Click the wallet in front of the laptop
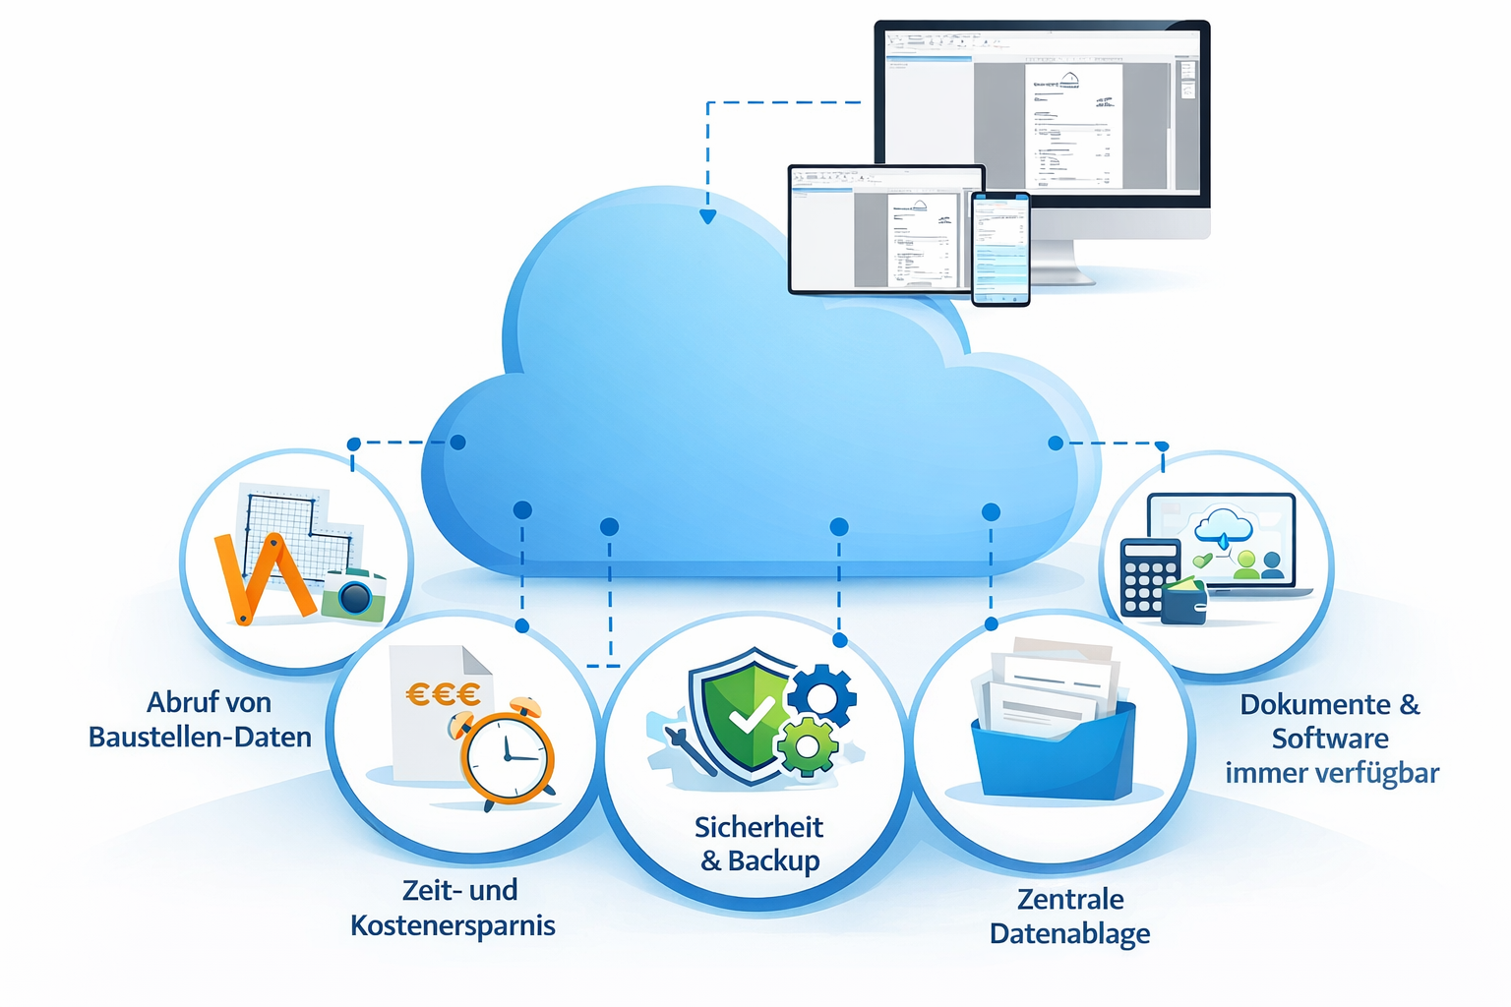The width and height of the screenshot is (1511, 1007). tap(1184, 602)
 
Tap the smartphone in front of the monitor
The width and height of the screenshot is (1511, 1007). tap(1000, 249)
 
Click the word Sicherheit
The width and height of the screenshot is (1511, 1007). tap(758, 827)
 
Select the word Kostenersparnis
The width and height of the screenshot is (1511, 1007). tap(453, 925)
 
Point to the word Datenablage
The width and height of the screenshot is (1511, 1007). tap(1069, 933)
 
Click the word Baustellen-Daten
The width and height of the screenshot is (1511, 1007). tap(200, 737)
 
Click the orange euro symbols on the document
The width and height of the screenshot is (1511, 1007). tap(443, 694)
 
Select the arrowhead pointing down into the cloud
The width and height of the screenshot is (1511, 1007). tap(707, 216)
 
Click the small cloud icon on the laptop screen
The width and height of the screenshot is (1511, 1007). tap(1223, 528)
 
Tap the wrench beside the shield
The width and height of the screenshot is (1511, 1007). tap(689, 750)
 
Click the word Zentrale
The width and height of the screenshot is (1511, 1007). tap(1070, 899)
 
